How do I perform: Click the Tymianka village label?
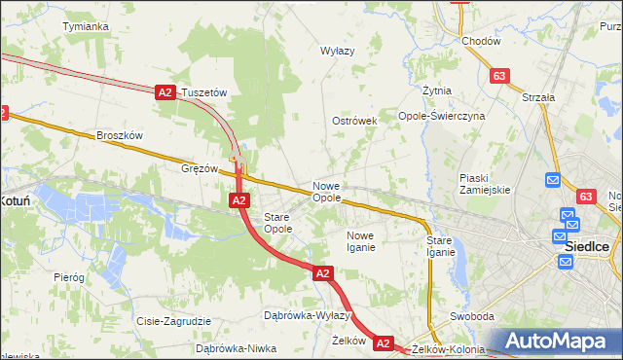point(85,26)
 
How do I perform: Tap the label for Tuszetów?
point(203,92)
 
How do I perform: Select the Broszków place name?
point(120,136)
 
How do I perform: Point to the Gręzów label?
point(200,167)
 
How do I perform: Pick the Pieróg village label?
point(69,277)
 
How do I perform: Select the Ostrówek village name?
point(354,121)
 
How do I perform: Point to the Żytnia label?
point(437,90)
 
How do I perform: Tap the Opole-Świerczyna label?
point(442,116)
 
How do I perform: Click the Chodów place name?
point(481,42)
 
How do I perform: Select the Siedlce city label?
point(587,247)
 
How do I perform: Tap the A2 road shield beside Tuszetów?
point(165,92)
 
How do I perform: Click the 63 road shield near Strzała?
point(499,76)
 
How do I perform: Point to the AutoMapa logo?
point(559,342)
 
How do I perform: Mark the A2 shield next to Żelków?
point(383,343)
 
